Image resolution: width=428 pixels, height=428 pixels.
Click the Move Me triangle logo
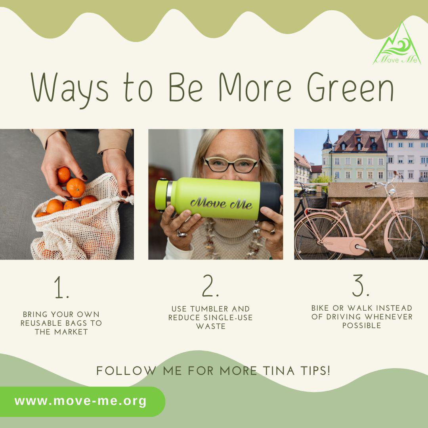click(397, 45)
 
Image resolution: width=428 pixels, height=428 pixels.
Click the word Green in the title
click(350, 87)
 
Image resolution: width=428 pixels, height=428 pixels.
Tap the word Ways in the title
click(70, 89)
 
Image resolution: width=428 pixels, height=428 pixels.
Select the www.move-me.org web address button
click(82, 401)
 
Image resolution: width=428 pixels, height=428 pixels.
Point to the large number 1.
click(61, 287)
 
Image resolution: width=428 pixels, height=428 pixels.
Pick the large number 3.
click(361, 285)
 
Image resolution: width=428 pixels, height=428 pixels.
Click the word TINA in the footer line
click(279, 371)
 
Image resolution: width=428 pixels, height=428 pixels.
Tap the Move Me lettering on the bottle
click(221, 203)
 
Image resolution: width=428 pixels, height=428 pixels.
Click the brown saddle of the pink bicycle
click(341, 204)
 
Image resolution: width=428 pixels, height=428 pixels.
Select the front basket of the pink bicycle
click(403, 201)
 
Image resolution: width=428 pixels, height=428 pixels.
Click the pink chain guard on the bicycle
click(344, 246)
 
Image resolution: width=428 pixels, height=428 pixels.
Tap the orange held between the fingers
click(63, 175)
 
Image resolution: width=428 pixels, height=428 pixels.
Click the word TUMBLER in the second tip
click(210, 309)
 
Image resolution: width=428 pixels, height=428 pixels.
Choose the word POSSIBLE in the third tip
click(362, 325)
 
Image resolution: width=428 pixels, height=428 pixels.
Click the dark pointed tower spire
click(328, 140)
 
